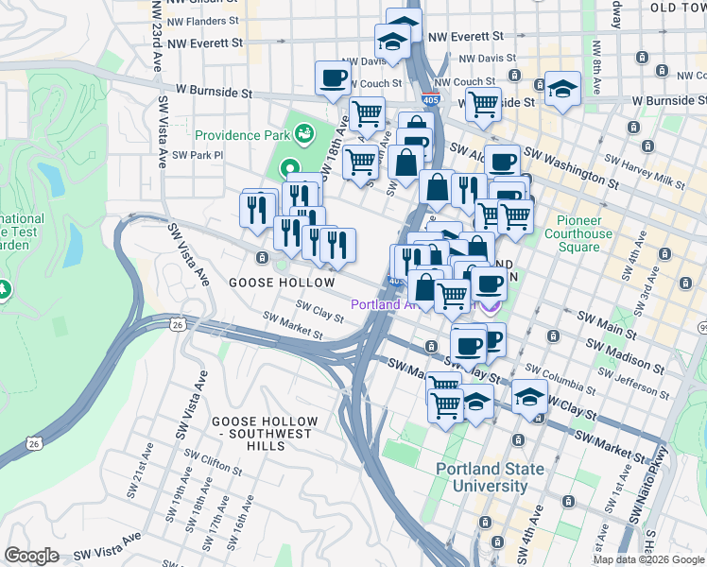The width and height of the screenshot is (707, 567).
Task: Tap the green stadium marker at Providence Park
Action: click(x=304, y=134)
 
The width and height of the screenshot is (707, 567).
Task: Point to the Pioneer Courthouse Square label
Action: click(x=578, y=233)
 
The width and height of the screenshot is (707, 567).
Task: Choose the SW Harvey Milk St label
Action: click(x=659, y=180)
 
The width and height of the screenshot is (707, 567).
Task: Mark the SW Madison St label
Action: click(x=622, y=356)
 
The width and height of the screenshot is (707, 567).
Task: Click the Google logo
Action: click(x=31, y=556)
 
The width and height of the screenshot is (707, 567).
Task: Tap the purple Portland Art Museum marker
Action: click(x=490, y=305)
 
